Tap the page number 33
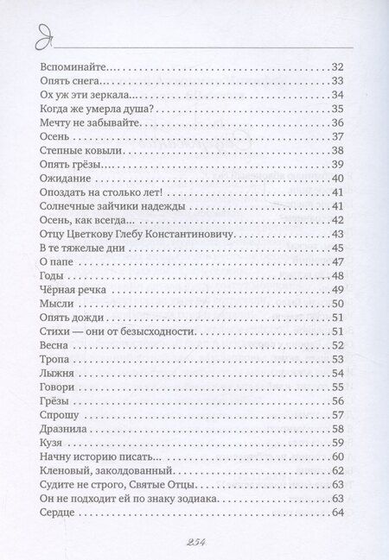point(339,82)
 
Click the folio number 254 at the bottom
point(194,540)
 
